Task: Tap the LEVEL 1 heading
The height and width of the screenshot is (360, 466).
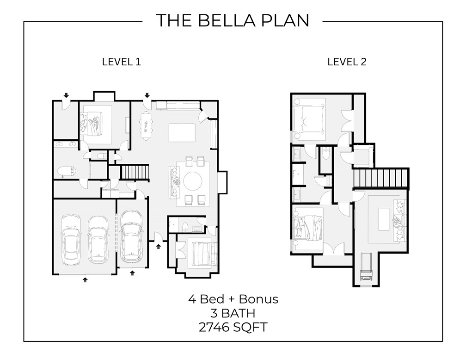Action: click(x=121, y=62)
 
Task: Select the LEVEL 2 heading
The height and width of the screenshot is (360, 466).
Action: click(x=347, y=62)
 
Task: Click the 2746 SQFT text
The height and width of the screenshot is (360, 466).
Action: click(x=233, y=327)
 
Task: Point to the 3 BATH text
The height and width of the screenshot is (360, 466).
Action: click(x=233, y=313)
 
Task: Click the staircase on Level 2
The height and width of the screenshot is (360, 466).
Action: click(x=381, y=178)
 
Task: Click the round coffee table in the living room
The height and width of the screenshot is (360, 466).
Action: click(x=192, y=181)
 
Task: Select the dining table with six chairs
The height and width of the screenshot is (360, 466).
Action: click(x=146, y=125)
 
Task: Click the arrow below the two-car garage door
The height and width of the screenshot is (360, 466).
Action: click(x=85, y=279)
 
